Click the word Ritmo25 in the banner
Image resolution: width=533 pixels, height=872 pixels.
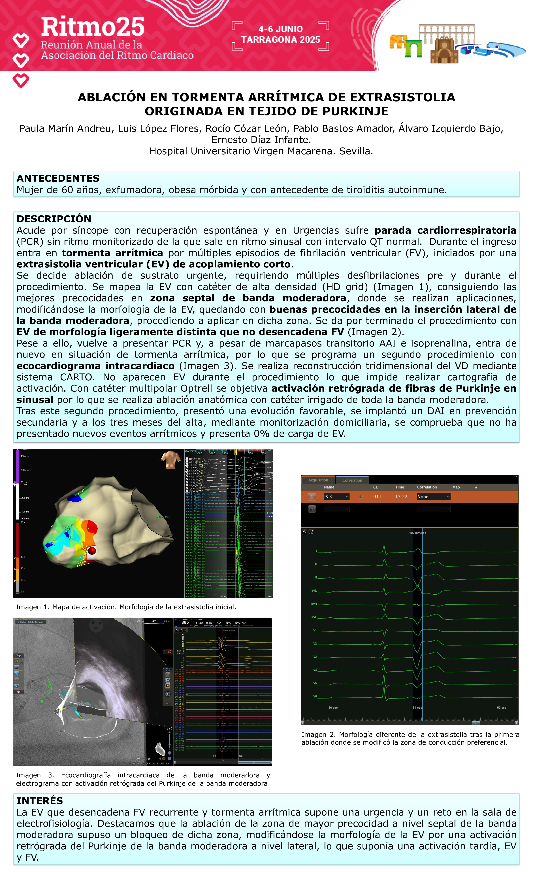93,27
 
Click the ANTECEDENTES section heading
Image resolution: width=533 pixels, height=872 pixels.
58,178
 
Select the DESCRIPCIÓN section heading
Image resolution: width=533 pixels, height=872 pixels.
54,219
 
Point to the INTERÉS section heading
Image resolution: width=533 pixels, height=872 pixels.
40,801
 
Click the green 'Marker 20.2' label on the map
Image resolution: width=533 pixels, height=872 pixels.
163,517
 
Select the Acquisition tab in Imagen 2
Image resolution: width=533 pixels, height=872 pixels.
318,480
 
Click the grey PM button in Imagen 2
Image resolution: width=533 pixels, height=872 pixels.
312,509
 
